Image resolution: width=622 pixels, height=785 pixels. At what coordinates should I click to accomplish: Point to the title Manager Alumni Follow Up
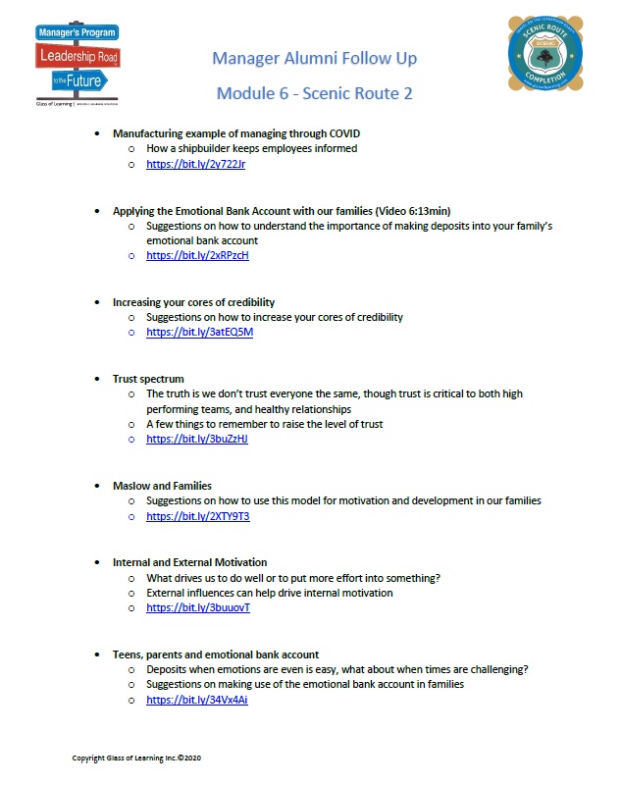click(x=314, y=59)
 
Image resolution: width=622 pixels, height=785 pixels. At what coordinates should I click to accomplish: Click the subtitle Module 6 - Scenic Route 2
click(x=314, y=93)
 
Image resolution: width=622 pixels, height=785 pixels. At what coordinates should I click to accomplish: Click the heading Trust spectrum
click(x=148, y=379)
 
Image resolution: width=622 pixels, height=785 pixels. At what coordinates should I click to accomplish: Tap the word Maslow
click(x=132, y=486)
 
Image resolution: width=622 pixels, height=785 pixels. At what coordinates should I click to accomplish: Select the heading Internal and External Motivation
click(x=189, y=562)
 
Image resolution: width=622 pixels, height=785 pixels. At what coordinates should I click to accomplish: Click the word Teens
click(x=129, y=654)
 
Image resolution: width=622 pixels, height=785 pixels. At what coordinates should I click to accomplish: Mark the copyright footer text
click(x=136, y=759)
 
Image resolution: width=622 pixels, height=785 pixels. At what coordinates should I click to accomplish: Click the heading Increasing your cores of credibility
click(x=193, y=302)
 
